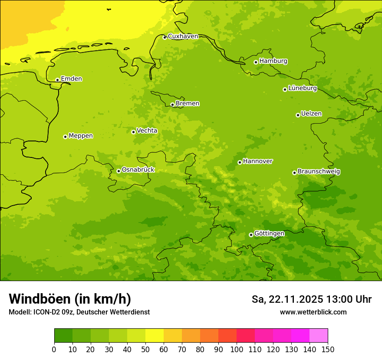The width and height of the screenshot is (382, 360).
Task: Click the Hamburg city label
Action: [273, 61]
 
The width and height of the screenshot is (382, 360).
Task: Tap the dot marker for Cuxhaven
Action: [165, 37]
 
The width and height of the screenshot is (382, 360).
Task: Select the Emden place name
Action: [71, 79]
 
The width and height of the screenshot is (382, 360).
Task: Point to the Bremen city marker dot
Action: [172, 105]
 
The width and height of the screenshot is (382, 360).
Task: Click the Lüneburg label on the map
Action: [302, 88]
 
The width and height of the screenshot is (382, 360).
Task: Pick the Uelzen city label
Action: [311, 114]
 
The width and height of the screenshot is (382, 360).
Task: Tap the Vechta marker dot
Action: [133, 132]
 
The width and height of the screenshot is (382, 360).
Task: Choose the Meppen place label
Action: [81, 136]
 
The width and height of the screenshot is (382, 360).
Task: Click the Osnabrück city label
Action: [138, 170]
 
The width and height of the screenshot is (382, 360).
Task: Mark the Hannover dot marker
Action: [240, 162]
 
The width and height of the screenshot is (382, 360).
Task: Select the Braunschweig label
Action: [319, 172]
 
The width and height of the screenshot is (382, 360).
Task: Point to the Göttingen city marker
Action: [251, 235]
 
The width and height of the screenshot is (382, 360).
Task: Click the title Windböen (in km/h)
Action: [70, 299]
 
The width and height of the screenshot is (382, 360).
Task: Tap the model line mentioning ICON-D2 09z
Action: [79, 312]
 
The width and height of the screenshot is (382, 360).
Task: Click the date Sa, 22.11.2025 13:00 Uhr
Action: [311, 299]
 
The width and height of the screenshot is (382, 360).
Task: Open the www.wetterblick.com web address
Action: [313, 312]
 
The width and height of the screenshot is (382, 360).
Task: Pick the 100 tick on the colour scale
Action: [237, 349]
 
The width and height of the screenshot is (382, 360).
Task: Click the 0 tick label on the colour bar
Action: [54, 349]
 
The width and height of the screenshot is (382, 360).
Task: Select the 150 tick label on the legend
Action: [328, 349]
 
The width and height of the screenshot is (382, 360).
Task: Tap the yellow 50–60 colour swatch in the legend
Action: [155, 336]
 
